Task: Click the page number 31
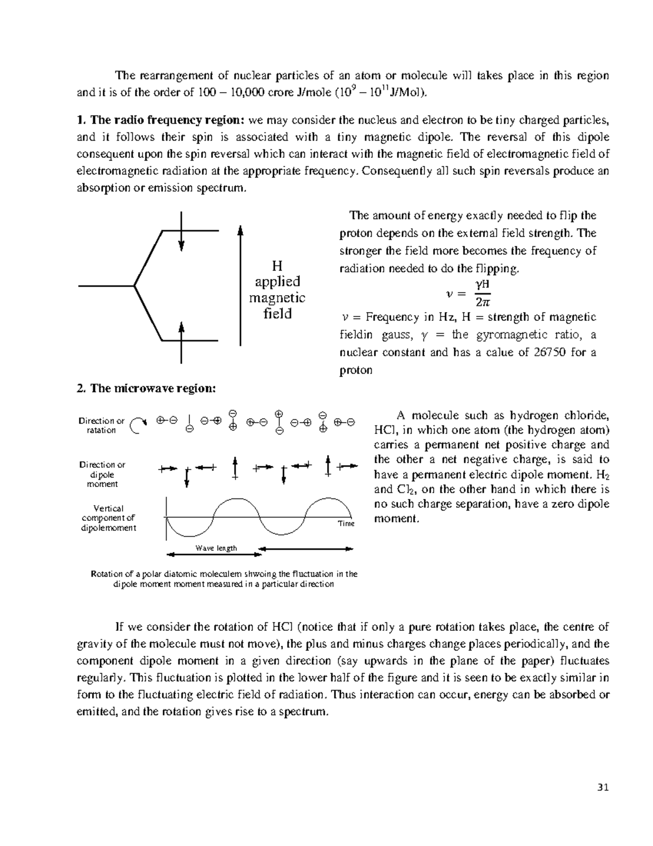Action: click(603, 787)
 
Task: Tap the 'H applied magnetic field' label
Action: click(277, 290)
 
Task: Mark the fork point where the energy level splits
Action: click(134, 285)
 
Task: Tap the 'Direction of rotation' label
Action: click(101, 425)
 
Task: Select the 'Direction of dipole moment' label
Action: click(102, 474)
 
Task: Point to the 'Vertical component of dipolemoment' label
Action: click(108, 518)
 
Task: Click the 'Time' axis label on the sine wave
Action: click(346, 524)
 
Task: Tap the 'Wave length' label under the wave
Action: click(216, 548)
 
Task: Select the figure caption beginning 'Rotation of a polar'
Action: click(224, 579)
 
